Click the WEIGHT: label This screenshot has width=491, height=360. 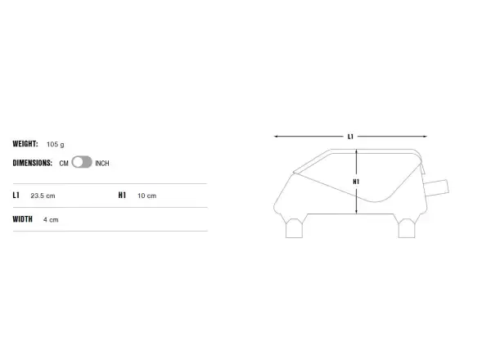[25, 144]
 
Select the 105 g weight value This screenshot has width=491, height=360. [56, 144]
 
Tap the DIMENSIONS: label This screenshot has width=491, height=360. [32, 163]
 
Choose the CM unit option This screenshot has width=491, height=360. [64, 164]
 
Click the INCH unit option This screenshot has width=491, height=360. [102, 164]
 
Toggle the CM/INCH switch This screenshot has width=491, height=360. [82, 162]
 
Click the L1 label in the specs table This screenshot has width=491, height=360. [16, 196]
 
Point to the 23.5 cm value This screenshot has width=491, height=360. [43, 196]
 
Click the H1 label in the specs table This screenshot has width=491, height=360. [122, 196]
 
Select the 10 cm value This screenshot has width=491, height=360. [146, 196]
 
